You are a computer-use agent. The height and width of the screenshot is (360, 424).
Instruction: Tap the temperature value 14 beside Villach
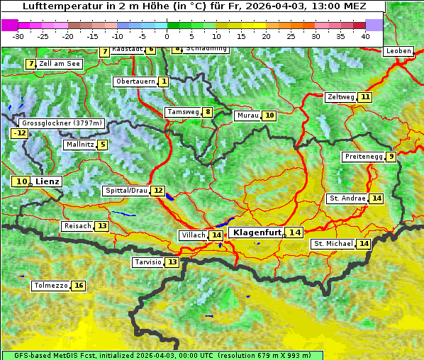216,235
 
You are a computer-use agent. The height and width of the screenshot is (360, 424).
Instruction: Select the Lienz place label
48,181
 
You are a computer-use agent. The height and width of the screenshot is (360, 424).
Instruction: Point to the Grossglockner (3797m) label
63,123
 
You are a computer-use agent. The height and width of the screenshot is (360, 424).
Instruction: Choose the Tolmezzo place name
50,286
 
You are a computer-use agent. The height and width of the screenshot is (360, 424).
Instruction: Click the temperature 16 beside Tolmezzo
79,286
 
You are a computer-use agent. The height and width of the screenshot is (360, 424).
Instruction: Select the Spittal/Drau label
125,191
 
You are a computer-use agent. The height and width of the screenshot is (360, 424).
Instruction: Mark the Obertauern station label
135,82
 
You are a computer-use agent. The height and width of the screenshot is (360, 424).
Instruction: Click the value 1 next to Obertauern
164,82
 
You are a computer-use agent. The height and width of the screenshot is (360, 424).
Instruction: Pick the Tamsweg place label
182,112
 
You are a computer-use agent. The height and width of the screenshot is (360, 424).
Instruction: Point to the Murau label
247,116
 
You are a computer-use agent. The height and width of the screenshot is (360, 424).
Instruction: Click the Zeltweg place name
340,97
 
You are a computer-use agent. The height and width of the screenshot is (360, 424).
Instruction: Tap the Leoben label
398,51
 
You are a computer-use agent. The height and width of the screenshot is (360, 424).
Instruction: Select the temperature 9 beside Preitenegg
391,157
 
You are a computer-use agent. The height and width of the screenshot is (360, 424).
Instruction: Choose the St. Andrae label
347,198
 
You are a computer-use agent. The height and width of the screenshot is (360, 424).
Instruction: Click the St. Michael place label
333,244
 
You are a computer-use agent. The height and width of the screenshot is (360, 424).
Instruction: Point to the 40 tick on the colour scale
365,35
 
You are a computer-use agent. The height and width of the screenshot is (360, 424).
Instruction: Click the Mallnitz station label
79,145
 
